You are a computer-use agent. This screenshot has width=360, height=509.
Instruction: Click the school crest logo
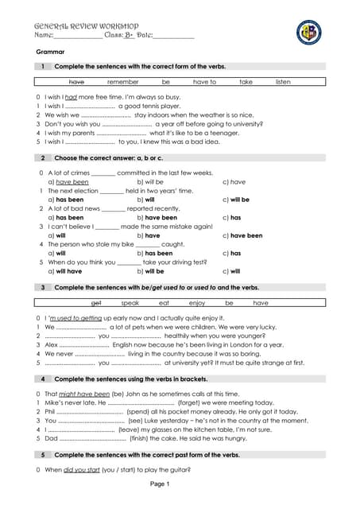coord(308,32)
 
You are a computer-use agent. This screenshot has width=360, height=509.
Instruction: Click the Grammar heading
coord(38,51)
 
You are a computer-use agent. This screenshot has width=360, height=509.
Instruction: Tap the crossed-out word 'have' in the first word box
coord(77,82)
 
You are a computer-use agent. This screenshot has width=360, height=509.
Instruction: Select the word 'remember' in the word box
coord(123,82)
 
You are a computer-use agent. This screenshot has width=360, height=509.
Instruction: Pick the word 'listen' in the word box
coord(283,82)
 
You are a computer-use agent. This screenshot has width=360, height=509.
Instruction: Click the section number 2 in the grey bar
coord(41,158)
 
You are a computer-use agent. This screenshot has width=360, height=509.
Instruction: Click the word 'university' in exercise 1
coord(239,124)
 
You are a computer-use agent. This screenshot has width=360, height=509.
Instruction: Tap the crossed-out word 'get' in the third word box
coord(97,302)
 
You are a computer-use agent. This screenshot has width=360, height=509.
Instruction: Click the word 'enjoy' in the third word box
coord(197,302)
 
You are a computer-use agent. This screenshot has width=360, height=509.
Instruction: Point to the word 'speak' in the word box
coord(130,302)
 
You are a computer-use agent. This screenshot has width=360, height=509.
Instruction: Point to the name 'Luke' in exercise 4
coord(173,420)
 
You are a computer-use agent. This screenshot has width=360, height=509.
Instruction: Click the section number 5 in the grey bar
coord(41,454)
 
